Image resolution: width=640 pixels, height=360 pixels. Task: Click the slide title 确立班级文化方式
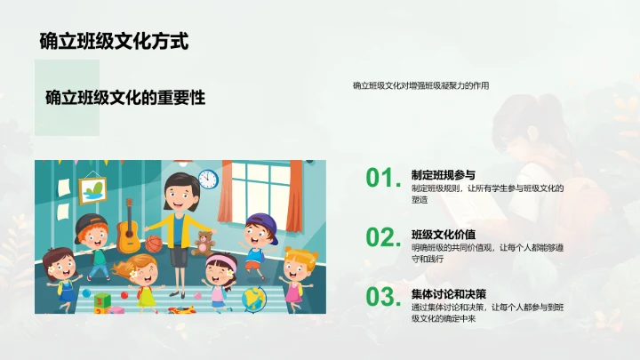pyautogui.click(x=114, y=41)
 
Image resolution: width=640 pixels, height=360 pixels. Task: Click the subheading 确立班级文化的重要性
pyautogui.click(x=125, y=99)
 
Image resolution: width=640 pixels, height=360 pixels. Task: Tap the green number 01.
pyautogui.click(x=383, y=179)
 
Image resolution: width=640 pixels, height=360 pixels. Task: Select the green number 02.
pyautogui.click(x=383, y=237)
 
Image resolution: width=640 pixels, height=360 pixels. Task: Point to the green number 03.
pyautogui.click(x=383, y=297)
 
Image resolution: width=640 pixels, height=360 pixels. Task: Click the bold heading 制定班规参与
pyautogui.click(x=444, y=174)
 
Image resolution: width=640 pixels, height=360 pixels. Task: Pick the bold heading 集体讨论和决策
pyautogui.click(x=449, y=293)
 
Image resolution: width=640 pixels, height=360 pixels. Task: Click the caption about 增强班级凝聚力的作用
pyautogui.click(x=420, y=86)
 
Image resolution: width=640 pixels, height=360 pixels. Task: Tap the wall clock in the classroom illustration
pyautogui.click(x=208, y=179)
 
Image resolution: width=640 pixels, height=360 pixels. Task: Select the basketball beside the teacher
pyautogui.click(x=155, y=243)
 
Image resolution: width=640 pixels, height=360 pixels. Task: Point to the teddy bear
pyautogui.click(x=204, y=243)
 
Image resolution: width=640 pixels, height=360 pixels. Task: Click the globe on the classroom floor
pyautogui.click(x=254, y=296)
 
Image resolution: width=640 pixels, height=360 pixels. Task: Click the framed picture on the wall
pyautogui.click(x=92, y=189)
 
